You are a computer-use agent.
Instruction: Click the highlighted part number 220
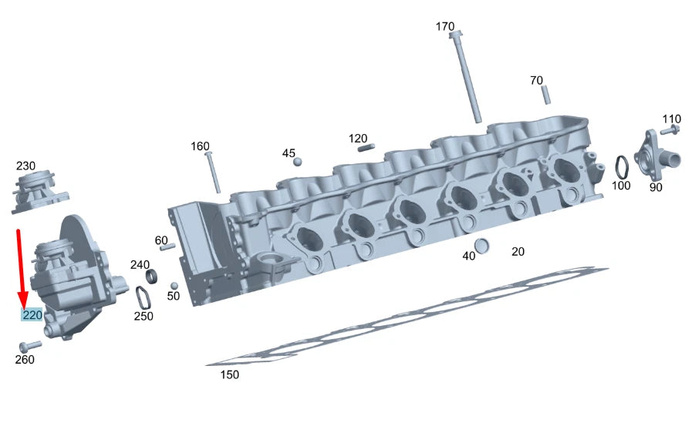click(x=32, y=315)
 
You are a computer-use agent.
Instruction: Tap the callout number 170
click(x=445, y=26)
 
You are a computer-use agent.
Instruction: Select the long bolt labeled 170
click(x=468, y=77)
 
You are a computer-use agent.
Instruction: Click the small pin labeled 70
click(x=545, y=95)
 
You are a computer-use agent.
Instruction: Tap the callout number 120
click(x=358, y=139)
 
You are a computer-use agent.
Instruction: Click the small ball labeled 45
click(x=298, y=161)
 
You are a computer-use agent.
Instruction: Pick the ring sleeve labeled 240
click(x=153, y=275)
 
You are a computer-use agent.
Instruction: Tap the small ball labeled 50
click(x=174, y=285)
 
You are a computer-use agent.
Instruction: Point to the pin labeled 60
click(x=167, y=247)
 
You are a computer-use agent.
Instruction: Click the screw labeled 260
click(x=30, y=346)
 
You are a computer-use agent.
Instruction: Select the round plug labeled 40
click(x=481, y=246)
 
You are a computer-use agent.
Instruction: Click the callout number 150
click(x=229, y=374)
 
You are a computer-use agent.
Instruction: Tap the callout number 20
click(x=518, y=251)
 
